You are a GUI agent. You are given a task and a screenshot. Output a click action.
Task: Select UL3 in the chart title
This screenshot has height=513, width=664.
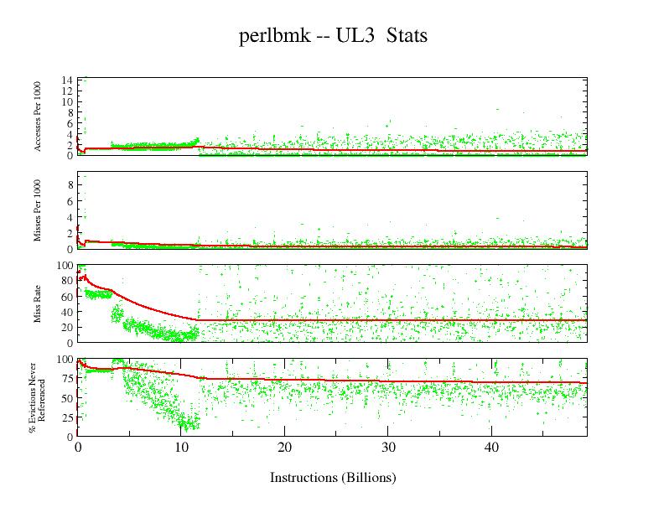point(355,37)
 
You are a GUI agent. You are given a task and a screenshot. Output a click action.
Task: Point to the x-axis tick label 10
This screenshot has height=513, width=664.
point(180,448)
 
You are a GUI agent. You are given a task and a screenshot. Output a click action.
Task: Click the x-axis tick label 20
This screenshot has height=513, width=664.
point(284,448)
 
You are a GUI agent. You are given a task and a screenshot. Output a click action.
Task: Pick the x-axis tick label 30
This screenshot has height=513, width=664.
point(388,448)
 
